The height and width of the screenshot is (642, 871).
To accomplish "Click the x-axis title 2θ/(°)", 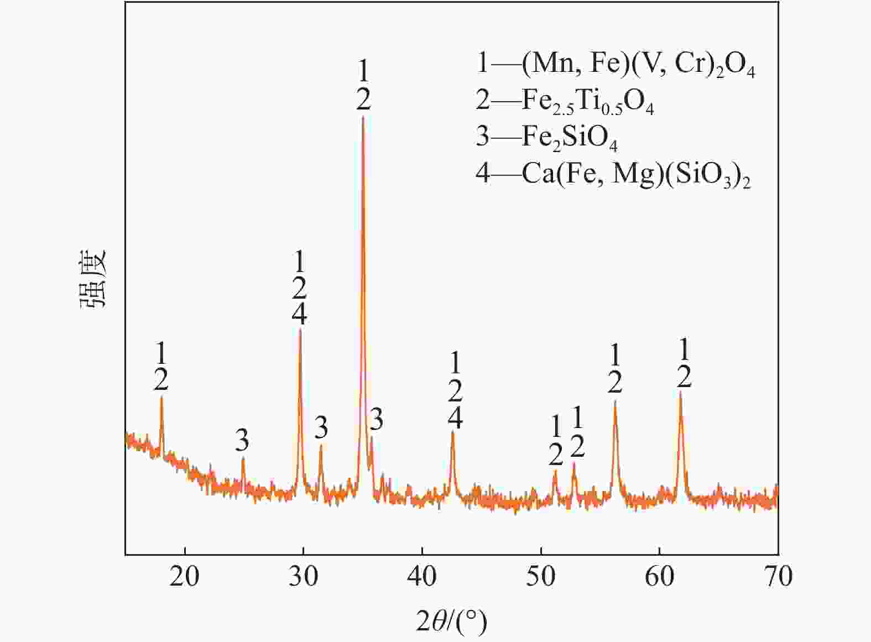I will point(451,622).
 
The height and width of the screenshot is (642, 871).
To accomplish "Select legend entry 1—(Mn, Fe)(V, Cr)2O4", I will point(615,65).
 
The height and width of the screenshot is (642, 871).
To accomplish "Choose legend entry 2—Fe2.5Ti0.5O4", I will point(564,101).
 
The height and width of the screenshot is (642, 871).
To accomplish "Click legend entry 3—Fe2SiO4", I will point(546,137).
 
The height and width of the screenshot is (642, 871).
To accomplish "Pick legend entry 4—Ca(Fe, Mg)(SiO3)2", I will point(613,174).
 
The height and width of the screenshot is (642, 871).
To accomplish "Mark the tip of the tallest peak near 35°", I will point(363,116).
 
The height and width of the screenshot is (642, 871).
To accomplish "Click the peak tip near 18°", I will point(161,396).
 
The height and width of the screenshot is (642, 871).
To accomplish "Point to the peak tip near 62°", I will point(681,392).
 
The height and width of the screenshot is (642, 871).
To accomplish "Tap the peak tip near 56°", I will point(615,401).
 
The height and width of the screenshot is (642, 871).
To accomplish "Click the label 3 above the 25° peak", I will point(242,441).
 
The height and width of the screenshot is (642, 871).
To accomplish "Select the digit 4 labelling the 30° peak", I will point(300,314).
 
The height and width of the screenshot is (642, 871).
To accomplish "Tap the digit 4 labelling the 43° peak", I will point(455,418).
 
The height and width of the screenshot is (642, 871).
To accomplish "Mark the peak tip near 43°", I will point(453,431).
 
